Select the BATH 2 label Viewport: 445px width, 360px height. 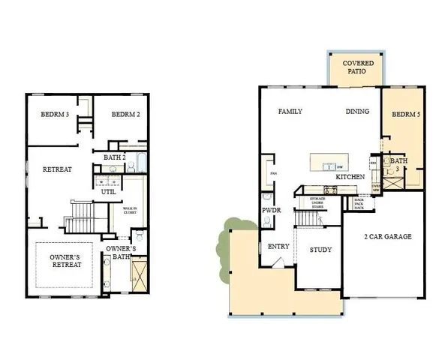click(x=114, y=157)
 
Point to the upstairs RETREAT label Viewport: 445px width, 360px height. click(x=57, y=169)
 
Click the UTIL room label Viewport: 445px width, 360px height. click(x=108, y=191)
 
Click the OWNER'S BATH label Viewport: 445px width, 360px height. click(x=121, y=253)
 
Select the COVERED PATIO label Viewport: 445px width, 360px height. click(x=354, y=67)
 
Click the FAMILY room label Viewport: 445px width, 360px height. click(x=290, y=111)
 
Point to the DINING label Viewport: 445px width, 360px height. click(x=357, y=111)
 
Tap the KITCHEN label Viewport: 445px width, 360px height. click(x=350, y=176)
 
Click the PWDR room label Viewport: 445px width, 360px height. click(x=271, y=211)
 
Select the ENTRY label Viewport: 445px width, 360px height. click(x=278, y=246)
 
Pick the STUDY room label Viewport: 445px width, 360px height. click(x=320, y=250)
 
